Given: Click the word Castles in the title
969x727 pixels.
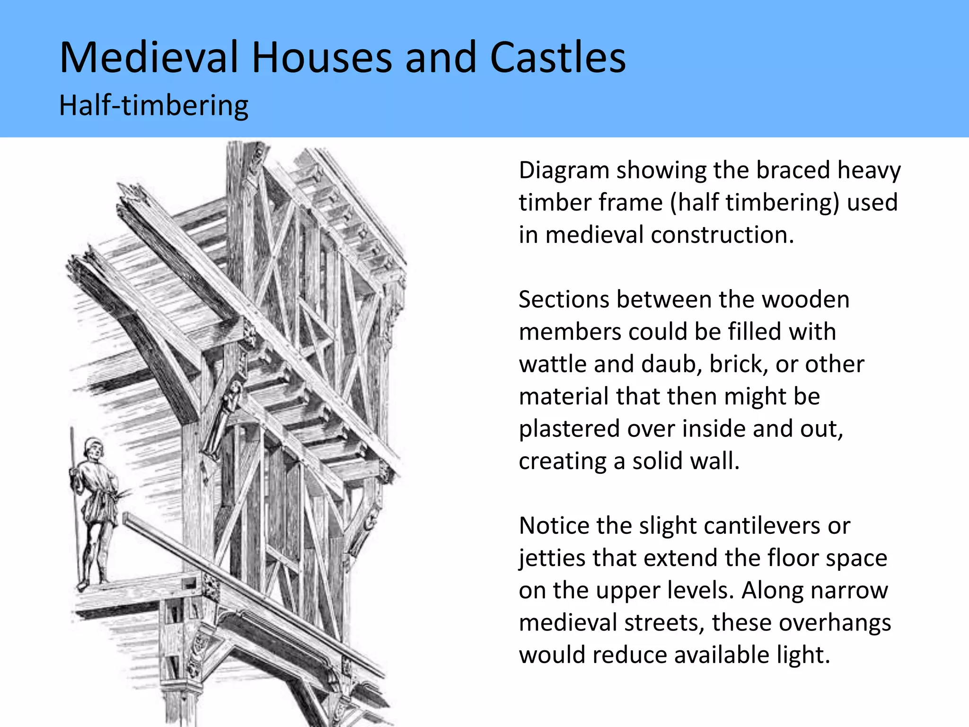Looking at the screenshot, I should (x=557, y=58).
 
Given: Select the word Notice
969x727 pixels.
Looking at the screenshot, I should (x=555, y=526).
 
